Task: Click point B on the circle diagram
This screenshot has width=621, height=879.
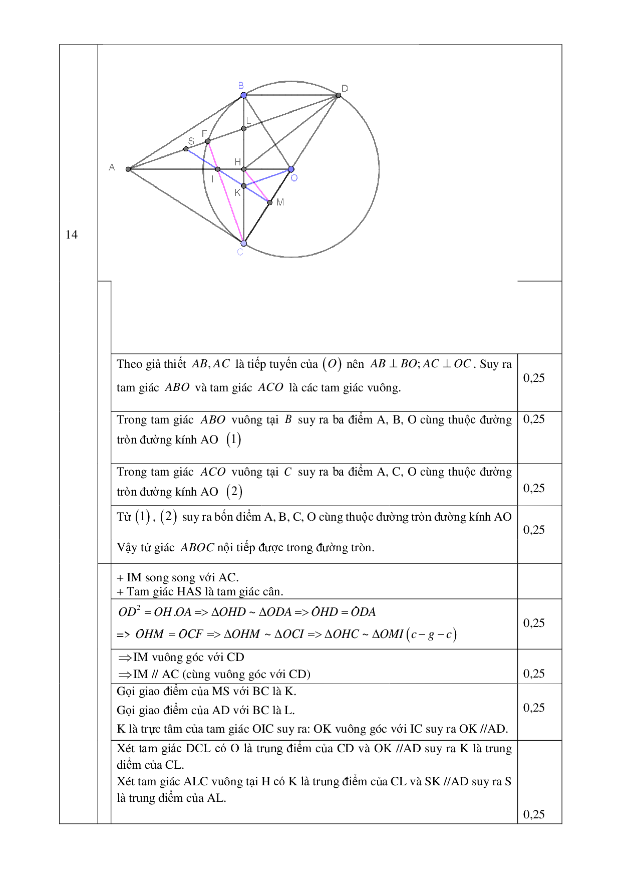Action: [x=243, y=95]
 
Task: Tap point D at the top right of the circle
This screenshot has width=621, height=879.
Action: [x=339, y=95]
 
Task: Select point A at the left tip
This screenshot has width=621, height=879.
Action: [x=128, y=169]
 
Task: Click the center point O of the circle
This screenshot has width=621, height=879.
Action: [x=291, y=169]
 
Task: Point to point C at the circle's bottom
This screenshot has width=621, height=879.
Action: [x=243, y=244]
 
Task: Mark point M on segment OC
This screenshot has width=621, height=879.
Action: [x=270, y=202]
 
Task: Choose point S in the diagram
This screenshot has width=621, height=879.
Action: [x=186, y=149]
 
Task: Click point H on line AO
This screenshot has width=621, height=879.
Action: [x=244, y=169]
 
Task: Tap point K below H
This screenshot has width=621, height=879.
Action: [x=244, y=186]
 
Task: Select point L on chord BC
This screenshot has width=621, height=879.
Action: [x=244, y=129]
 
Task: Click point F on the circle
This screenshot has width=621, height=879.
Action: [x=208, y=141]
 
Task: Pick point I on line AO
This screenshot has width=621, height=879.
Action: [x=218, y=169]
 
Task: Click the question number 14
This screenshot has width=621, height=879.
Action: [x=72, y=235]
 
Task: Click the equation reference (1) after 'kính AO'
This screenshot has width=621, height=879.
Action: [x=234, y=439]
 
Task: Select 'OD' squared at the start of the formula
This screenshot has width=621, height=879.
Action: [x=129, y=611]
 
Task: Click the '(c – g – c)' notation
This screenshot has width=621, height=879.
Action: [x=431, y=634]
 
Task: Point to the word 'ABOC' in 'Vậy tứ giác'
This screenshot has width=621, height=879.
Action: [x=197, y=548]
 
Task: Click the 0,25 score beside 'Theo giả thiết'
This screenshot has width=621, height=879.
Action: [x=534, y=378]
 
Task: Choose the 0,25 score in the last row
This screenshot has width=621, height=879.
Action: [x=534, y=814]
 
